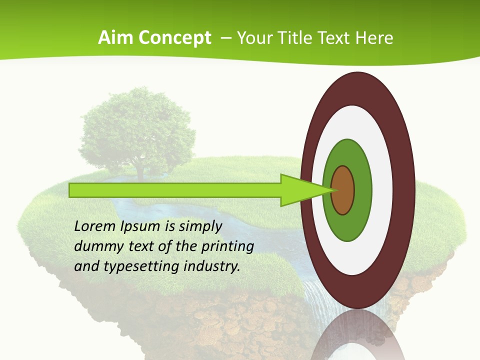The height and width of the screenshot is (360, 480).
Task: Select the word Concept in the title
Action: (x=175, y=38)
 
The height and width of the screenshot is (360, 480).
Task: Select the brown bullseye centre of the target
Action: (x=342, y=190)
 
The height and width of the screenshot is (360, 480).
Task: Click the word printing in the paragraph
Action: (x=227, y=247)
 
